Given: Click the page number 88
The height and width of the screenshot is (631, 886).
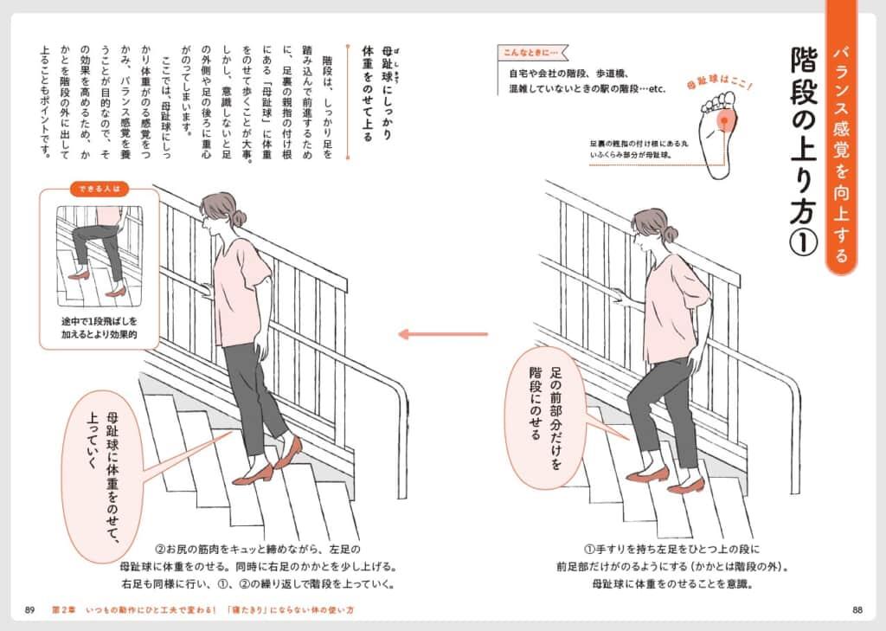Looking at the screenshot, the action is [857, 610].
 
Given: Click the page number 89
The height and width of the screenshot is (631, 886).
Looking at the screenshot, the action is [30, 610].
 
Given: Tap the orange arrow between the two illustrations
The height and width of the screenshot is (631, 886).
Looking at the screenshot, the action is [443, 334].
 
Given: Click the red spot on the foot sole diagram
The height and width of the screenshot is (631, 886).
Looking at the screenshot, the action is [724, 120].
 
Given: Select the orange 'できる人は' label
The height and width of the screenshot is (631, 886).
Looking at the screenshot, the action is [100, 189].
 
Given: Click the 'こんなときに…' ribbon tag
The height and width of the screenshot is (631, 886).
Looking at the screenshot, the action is [532, 53].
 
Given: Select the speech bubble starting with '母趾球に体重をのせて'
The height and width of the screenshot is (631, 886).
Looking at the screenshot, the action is [102, 476].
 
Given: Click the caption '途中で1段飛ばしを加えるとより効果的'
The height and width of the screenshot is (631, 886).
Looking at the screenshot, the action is [100, 328].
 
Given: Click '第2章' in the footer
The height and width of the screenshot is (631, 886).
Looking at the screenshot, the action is [63, 610].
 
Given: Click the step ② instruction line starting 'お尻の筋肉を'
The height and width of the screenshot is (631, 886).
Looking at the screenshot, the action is [258, 549].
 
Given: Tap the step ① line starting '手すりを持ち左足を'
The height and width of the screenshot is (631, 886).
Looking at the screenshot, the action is [671, 549].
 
